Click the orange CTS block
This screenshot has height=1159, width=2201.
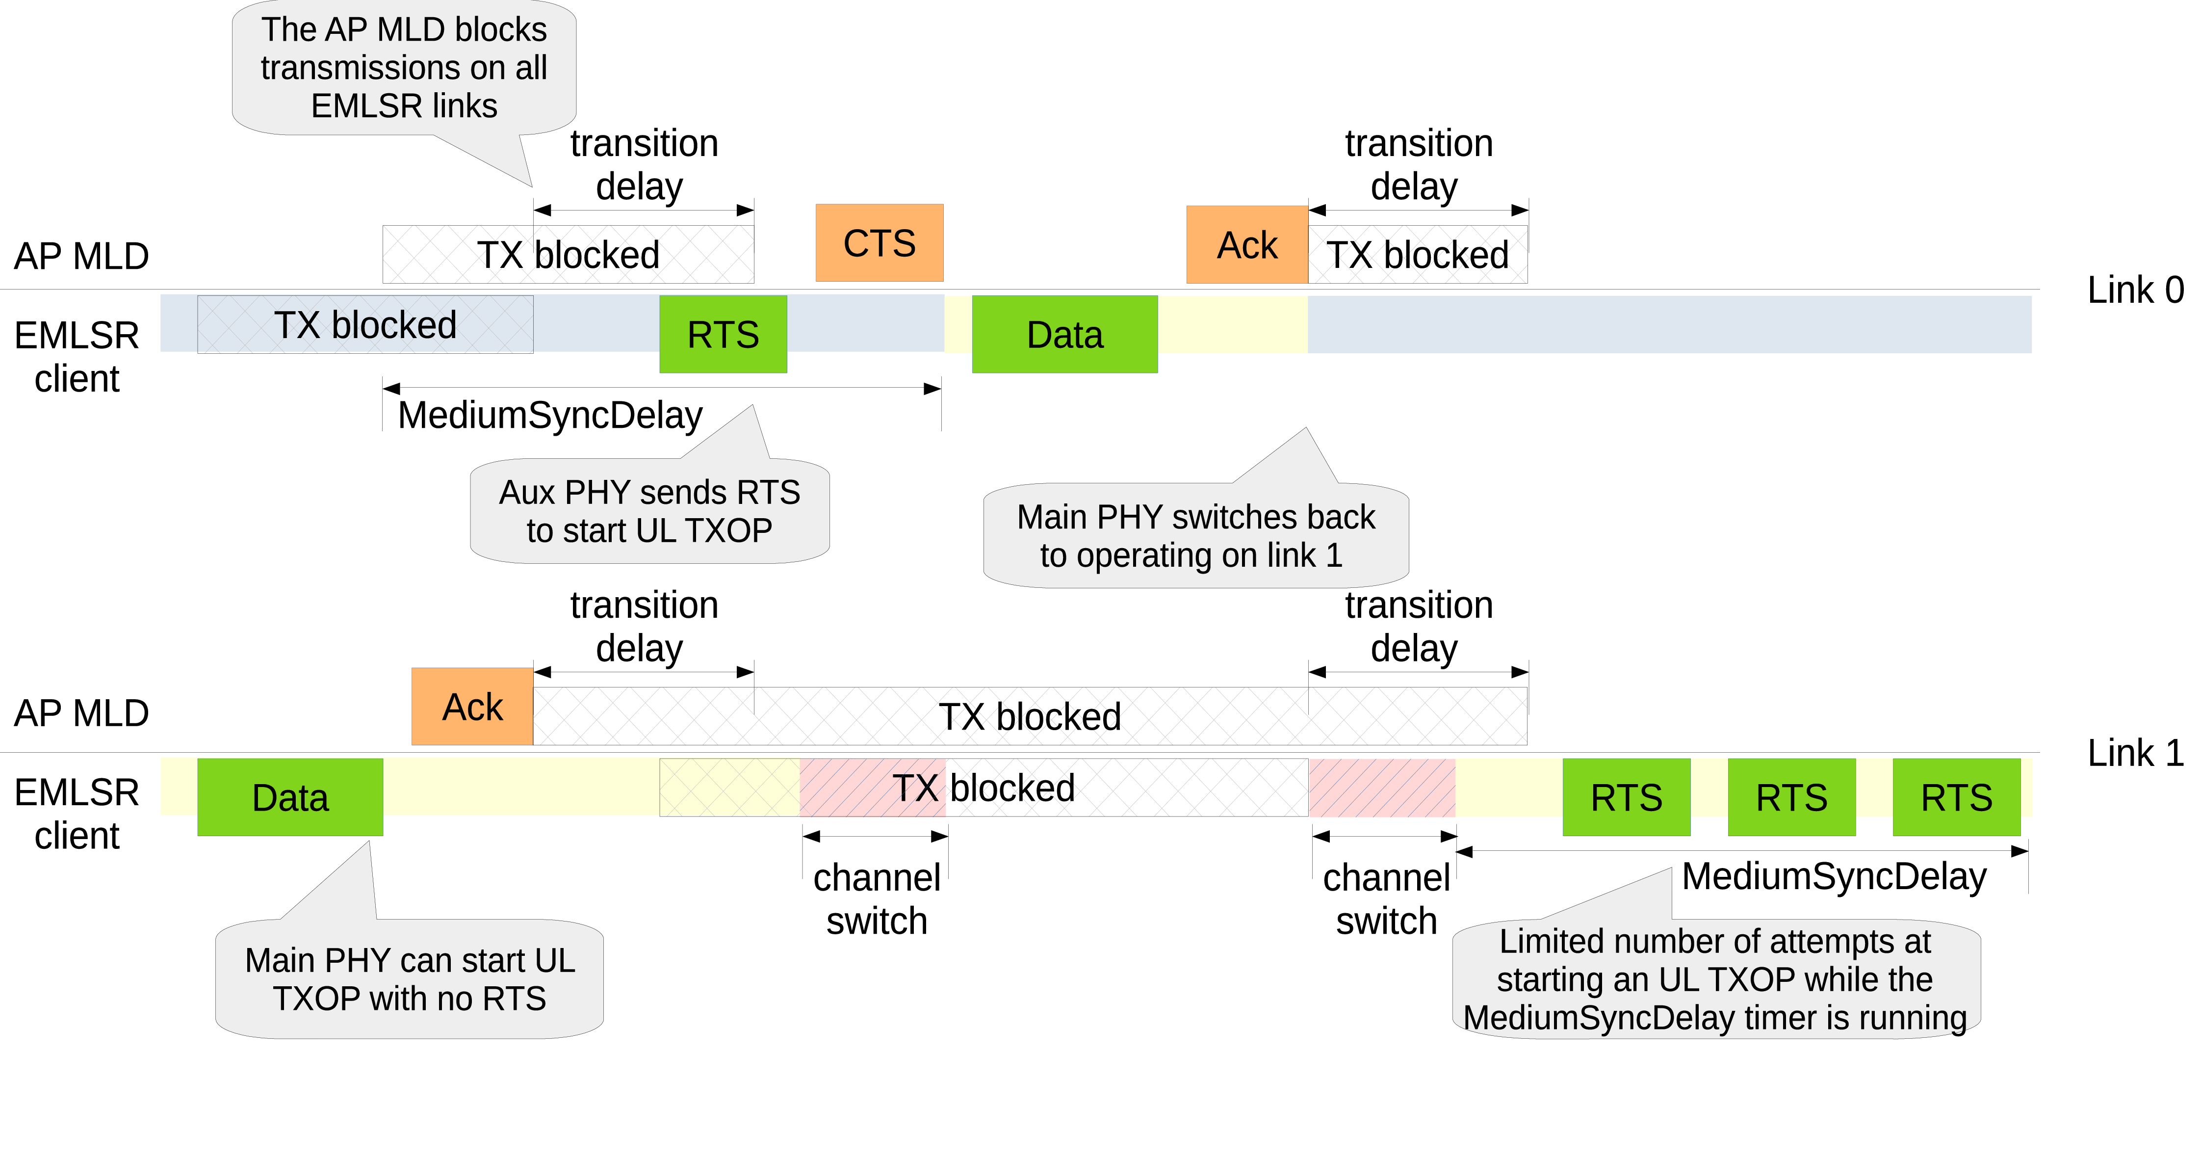click(x=879, y=243)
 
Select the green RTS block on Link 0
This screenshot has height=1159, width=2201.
click(x=723, y=334)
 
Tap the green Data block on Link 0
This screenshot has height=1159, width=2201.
click(x=1064, y=334)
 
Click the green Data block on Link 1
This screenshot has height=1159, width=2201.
click(x=289, y=796)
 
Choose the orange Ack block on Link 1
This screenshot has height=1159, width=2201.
click(x=472, y=706)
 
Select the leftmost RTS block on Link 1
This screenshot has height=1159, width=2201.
click(x=1626, y=796)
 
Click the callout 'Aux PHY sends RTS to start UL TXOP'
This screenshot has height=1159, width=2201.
click(x=649, y=511)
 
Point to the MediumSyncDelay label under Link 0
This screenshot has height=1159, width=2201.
click(x=550, y=416)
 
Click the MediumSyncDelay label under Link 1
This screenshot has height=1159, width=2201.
click(x=1834, y=876)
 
